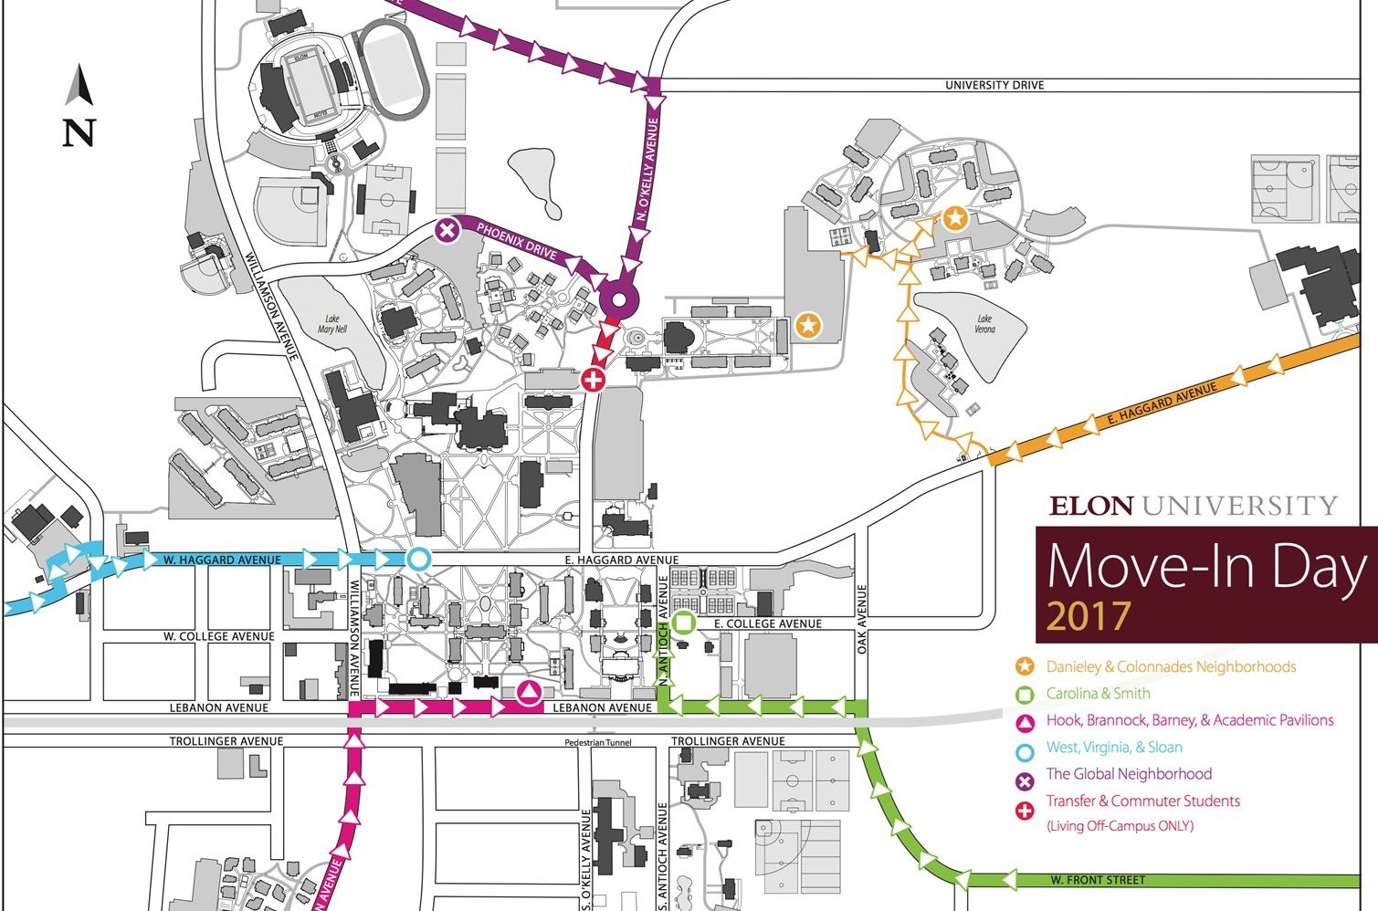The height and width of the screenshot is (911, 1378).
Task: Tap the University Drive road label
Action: tap(994, 85)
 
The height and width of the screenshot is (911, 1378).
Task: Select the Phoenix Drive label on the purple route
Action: tap(516, 241)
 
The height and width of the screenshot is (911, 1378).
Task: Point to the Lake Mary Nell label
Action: tap(332, 324)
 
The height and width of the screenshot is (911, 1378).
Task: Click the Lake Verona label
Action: tap(984, 324)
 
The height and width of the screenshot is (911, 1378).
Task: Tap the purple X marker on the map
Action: tap(446, 231)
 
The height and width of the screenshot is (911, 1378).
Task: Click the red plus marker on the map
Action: tap(593, 379)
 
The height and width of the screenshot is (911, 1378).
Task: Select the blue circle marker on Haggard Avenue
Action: tap(418, 559)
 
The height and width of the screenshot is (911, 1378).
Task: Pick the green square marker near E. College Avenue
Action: tap(684, 623)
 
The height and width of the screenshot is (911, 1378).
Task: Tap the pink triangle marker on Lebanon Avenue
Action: tap(529, 694)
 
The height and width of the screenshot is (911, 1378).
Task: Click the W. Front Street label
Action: tap(1097, 881)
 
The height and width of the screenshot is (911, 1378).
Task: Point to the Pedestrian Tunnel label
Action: tap(599, 743)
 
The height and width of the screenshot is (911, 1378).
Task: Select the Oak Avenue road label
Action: tap(862, 619)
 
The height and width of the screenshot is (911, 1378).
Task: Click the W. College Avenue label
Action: tap(218, 636)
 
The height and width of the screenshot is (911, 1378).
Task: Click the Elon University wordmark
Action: tap(1193, 506)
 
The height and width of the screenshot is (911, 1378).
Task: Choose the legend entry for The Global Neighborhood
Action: tap(1129, 774)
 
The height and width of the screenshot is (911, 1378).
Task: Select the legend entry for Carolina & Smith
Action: tap(1098, 694)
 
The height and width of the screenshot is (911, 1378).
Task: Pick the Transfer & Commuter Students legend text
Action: tap(1142, 801)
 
